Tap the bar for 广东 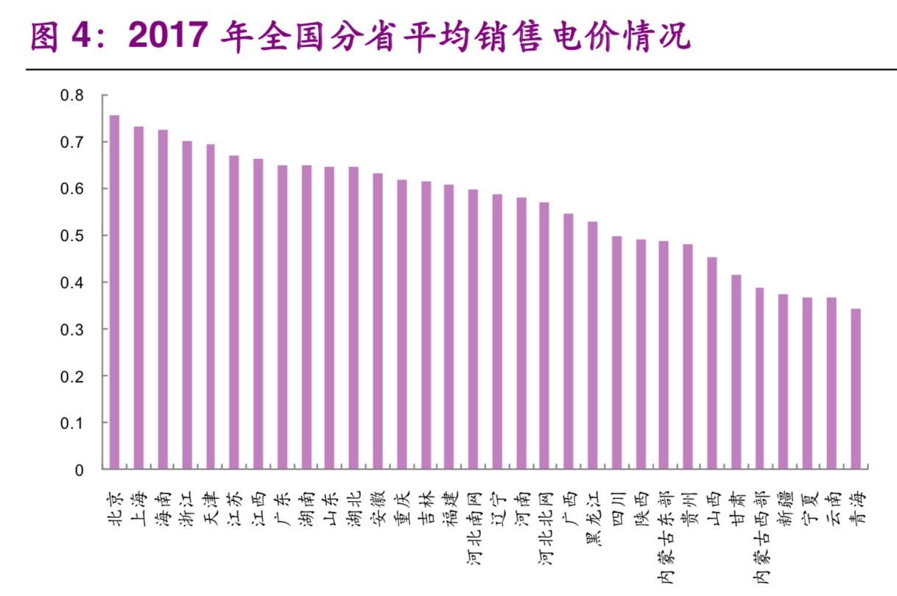tap(282, 317)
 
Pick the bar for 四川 tap(616, 352)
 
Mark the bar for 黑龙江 tap(592, 345)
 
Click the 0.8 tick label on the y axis tap(72, 96)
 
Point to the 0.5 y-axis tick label tap(72, 236)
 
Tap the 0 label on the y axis tap(80, 470)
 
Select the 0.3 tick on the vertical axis tap(72, 330)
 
